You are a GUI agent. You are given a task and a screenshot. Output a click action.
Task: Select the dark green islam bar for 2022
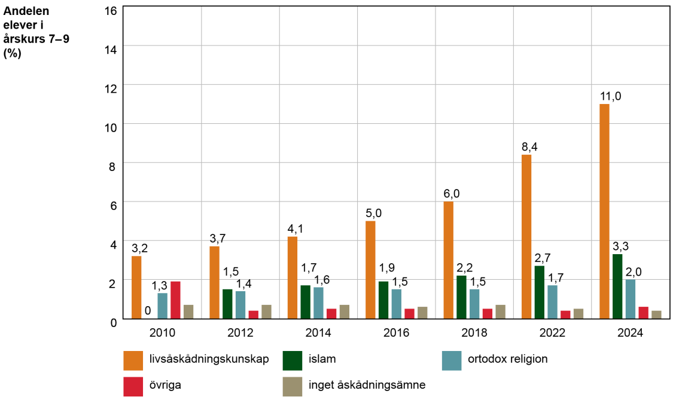click(540, 292)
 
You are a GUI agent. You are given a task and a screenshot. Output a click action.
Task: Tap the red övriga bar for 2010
click(175, 300)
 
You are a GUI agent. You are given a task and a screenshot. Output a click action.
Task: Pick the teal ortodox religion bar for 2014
click(318, 303)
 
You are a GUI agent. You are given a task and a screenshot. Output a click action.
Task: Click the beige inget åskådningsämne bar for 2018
click(501, 312)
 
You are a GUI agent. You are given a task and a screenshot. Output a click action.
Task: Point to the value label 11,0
click(611, 96)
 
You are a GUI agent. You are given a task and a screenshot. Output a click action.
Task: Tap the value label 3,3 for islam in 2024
click(620, 246)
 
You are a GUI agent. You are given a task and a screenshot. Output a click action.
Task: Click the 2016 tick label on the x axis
click(397, 333)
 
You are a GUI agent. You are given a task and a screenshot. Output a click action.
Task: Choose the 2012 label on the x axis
click(240, 333)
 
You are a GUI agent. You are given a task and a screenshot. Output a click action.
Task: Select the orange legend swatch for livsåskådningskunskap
click(133, 360)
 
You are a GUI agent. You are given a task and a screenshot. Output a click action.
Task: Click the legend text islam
click(322, 359)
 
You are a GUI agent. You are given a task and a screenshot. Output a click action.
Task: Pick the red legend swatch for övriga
click(133, 386)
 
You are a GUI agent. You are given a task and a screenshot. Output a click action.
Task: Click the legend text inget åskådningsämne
click(367, 386)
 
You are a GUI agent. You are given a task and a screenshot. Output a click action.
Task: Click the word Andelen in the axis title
click(27, 11)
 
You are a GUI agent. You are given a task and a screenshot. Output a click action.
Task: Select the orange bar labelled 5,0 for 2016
click(370, 270)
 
